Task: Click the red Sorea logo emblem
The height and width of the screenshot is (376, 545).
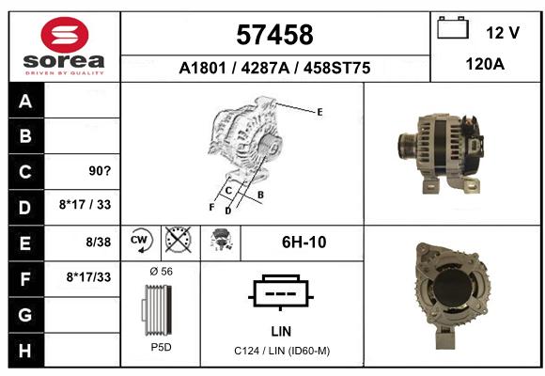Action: click(65, 35)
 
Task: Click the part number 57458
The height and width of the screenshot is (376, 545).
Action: click(274, 35)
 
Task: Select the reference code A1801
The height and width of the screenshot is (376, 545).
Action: click(203, 68)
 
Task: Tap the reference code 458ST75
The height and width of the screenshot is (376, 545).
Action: click(336, 68)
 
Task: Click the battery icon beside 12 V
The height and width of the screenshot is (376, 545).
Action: click(453, 27)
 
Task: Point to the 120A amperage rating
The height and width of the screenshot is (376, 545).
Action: click(485, 64)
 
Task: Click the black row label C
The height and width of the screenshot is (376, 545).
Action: click(25, 172)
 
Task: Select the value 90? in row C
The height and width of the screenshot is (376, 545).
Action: click(100, 171)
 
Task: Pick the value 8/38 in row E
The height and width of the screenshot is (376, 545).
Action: click(99, 243)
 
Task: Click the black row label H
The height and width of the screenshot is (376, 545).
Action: click(25, 351)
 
